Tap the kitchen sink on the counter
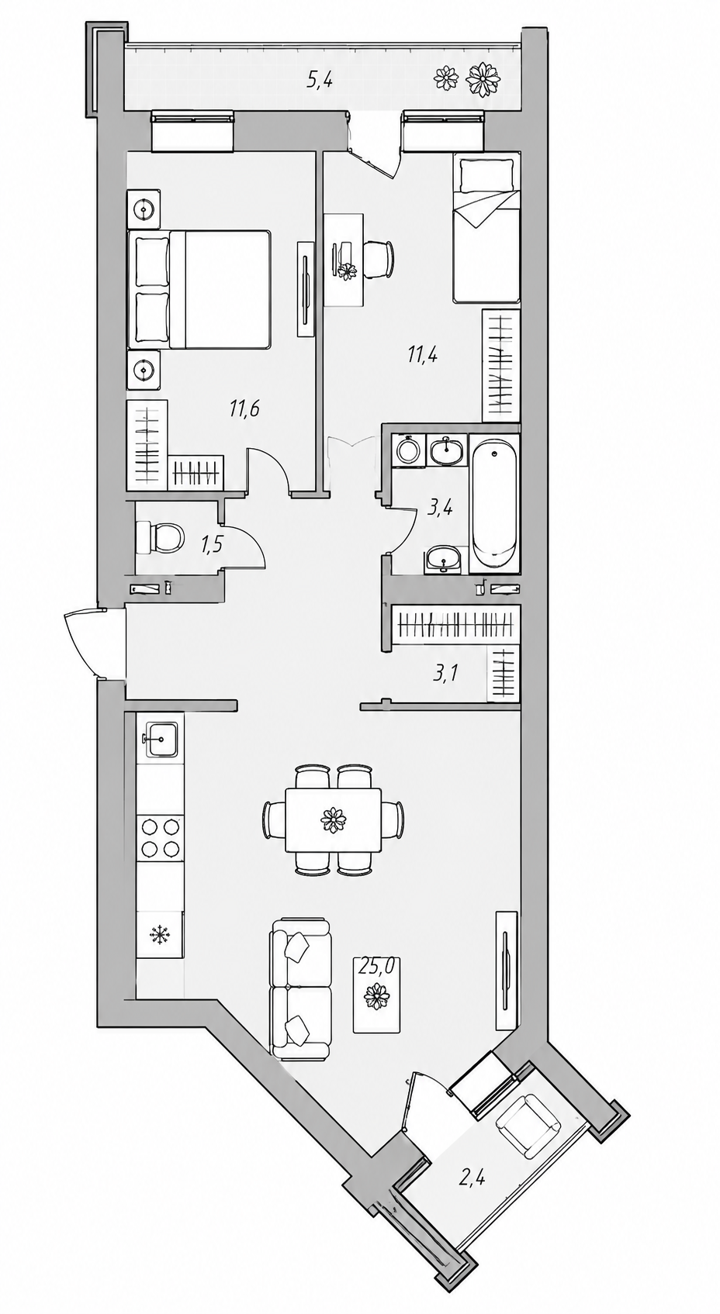pos(161,739)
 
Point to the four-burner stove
pos(160,837)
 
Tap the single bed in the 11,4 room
pos(486,228)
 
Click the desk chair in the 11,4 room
pos(378,259)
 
